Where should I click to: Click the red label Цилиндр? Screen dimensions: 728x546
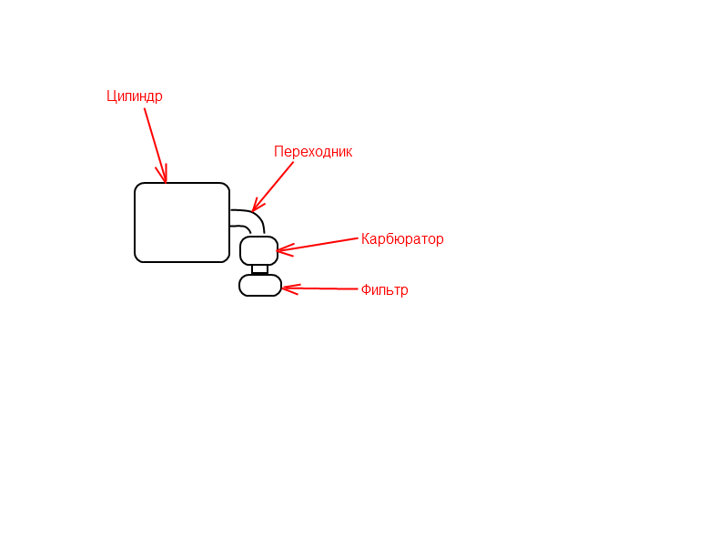tap(135, 96)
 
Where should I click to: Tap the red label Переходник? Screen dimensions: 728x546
tap(313, 151)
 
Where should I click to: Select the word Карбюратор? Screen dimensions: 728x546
tap(402, 239)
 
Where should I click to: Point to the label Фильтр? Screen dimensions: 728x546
tap(384, 289)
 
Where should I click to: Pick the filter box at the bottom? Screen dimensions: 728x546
tap(260, 285)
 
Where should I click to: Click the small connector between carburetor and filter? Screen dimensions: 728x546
tap(260, 269)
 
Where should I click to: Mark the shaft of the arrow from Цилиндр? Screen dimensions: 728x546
tap(155, 146)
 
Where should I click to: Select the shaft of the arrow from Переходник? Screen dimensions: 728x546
tap(273, 187)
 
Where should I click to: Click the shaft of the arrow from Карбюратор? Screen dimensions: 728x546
tap(318, 245)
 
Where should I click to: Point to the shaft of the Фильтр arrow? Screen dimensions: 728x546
tap(320, 288)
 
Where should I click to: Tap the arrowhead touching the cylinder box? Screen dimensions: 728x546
tap(163, 174)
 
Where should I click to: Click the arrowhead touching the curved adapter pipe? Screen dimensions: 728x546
tap(257, 205)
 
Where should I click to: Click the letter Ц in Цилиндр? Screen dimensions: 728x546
tap(111, 96)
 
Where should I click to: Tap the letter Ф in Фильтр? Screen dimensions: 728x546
tap(366, 289)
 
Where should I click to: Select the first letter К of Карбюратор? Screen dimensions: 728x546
tap(365, 238)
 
